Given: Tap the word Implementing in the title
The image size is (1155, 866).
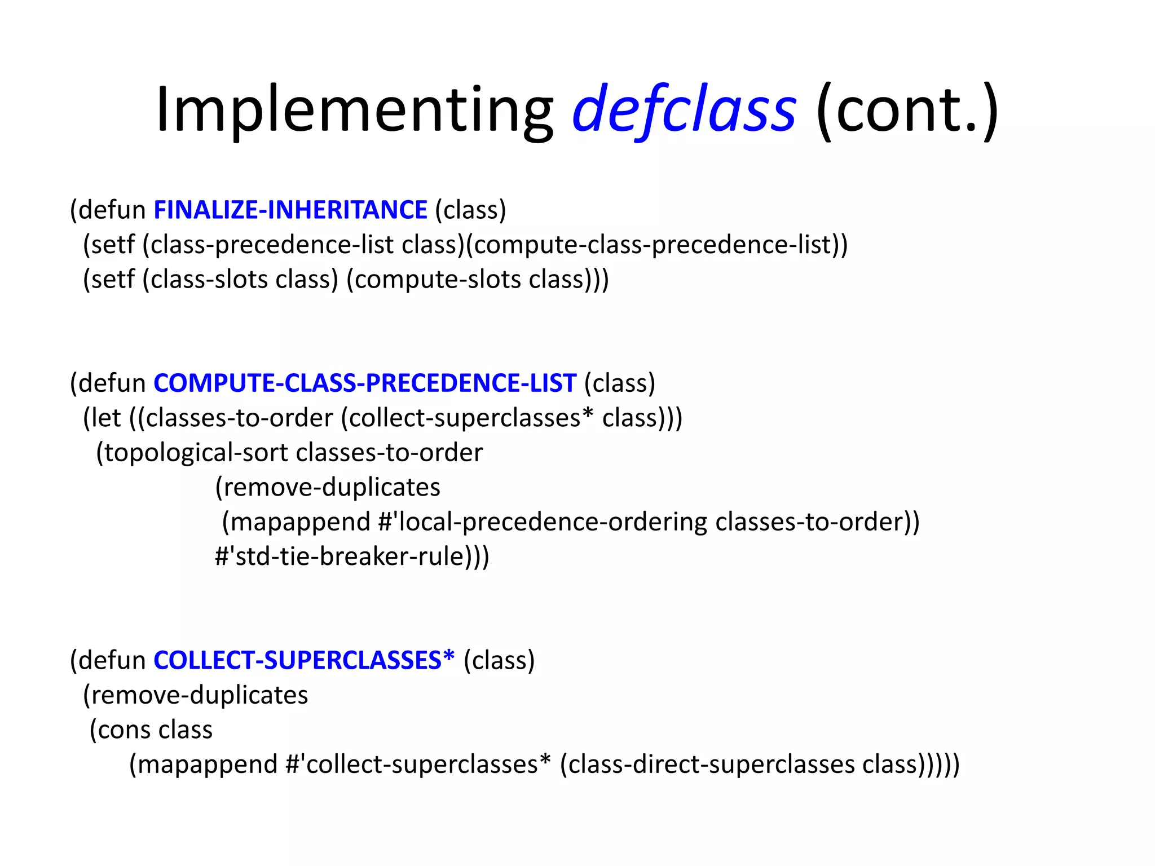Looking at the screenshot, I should click(354, 110).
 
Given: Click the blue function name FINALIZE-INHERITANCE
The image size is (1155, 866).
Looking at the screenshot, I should click(290, 210).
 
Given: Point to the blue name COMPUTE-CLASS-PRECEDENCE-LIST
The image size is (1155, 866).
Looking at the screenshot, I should click(365, 383).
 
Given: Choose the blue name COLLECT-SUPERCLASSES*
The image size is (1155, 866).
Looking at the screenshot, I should click(304, 660).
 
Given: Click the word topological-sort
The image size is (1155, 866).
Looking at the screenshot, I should click(195, 453).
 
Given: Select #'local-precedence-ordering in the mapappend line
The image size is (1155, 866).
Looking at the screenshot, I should click(543, 522).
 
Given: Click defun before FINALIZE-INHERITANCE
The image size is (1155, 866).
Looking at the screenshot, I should click(112, 210).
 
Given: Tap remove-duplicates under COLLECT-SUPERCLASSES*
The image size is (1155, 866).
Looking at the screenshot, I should click(199, 695).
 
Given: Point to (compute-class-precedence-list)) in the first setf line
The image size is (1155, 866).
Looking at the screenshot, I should click(657, 245).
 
